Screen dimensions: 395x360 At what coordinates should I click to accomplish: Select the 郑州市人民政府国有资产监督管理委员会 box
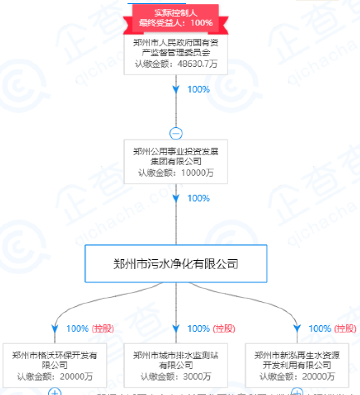point(176,48)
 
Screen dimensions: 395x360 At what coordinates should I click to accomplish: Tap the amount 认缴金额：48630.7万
point(176,64)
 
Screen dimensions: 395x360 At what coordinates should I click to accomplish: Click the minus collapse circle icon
point(176,133)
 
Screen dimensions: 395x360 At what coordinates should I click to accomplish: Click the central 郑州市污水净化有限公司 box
point(176,263)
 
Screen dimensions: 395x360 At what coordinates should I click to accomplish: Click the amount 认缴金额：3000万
point(176,377)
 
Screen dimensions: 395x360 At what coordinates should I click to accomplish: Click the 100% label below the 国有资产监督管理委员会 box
point(198,89)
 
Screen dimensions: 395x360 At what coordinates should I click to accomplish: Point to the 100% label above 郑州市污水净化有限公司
point(198,199)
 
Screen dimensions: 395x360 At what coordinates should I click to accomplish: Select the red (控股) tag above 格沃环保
point(102,329)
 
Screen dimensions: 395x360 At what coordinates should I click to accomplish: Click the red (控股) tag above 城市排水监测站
point(224,329)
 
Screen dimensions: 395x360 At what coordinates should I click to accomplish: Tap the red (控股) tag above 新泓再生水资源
point(345,329)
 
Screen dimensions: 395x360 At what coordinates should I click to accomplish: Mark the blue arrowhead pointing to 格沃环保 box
point(55,329)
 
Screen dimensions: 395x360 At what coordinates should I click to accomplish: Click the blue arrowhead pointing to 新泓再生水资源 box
point(297,329)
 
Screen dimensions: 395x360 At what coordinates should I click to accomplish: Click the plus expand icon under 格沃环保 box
point(55,392)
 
